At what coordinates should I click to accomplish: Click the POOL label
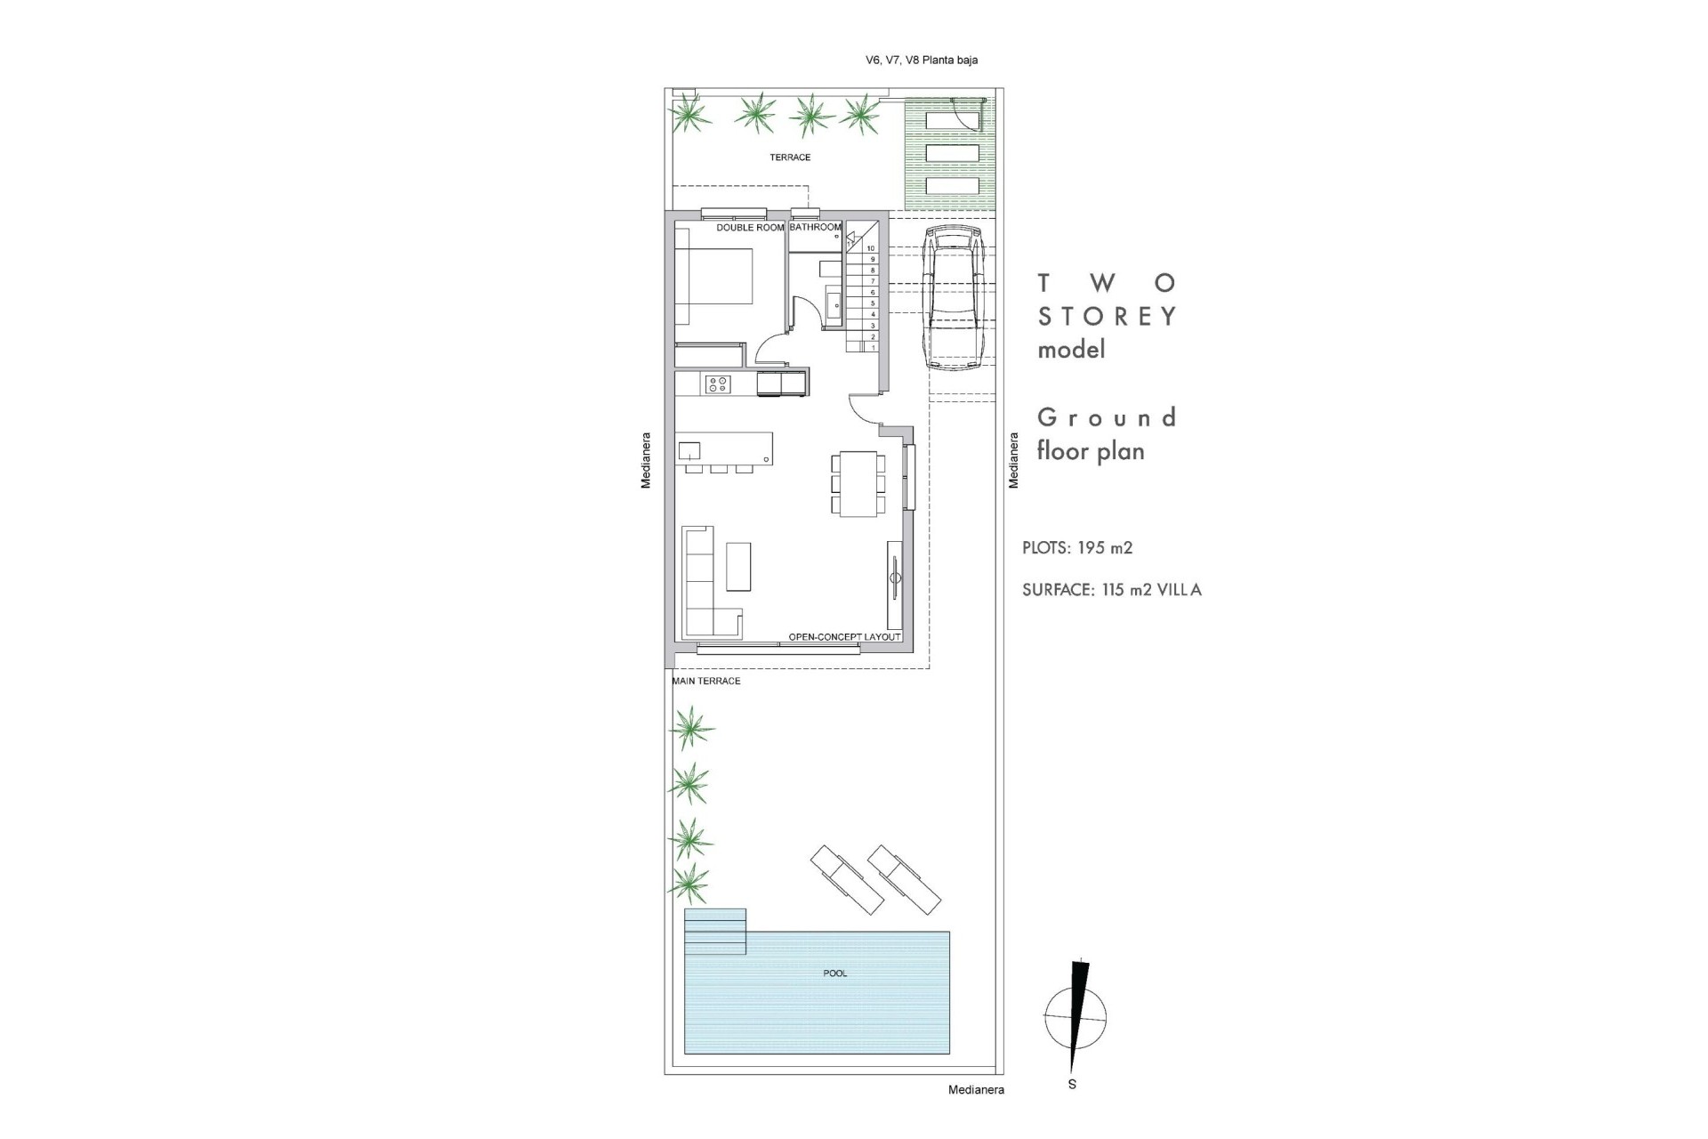click(x=834, y=973)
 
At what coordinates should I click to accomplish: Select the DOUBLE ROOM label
click(x=750, y=228)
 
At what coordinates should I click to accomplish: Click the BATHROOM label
click(x=815, y=228)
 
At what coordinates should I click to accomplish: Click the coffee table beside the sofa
click(x=738, y=567)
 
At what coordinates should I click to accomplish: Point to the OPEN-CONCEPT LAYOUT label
click(x=844, y=637)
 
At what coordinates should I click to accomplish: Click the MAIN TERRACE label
click(x=706, y=682)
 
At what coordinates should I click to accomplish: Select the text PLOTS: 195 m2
click(x=1077, y=548)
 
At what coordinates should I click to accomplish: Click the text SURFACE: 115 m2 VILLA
click(x=1111, y=590)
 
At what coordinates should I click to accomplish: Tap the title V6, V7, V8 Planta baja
click(x=922, y=61)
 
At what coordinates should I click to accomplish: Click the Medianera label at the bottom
click(x=976, y=1090)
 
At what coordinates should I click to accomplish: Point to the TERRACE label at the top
click(x=790, y=158)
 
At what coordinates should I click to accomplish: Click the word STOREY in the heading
click(x=1108, y=316)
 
